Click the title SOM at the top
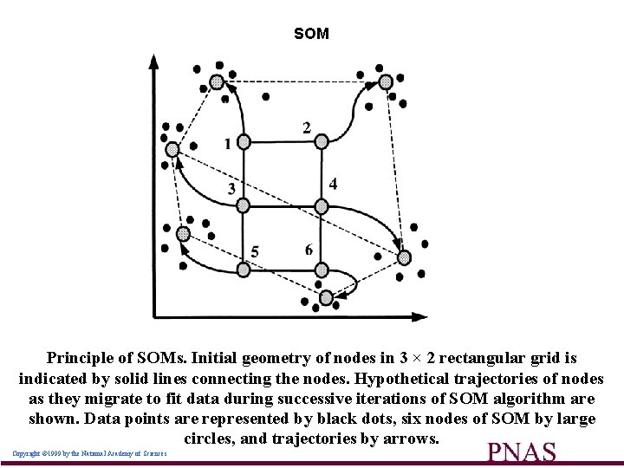(311, 34)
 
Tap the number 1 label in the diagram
(227, 144)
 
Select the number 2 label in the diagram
(307, 127)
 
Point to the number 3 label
(231, 188)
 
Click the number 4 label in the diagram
(334, 184)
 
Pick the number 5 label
(255, 251)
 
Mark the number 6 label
(309, 250)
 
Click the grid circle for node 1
(244, 140)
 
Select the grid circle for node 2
(321, 140)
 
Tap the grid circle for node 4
(321, 205)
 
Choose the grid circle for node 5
(244, 270)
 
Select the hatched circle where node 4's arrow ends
(403, 257)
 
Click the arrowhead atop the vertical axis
(153, 62)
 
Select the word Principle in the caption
(81, 357)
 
